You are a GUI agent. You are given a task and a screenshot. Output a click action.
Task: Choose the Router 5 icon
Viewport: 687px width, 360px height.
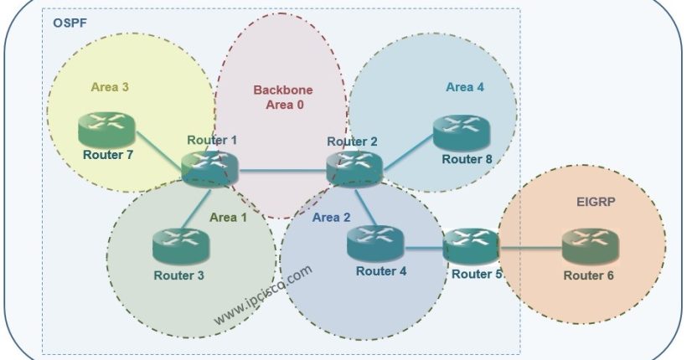pyautogui.click(x=471, y=245)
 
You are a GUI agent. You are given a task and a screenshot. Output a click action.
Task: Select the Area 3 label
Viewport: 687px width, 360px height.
pyautogui.click(x=109, y=86)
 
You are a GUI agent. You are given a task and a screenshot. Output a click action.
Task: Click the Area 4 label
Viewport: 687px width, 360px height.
pyautogui.click(x=465, y=86)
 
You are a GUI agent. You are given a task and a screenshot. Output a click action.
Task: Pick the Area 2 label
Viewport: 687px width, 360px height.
pyautogui.click(x=333, y=218)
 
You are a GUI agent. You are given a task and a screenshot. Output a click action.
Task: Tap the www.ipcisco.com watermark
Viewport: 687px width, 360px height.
pyautogui.click(x=263, y=295)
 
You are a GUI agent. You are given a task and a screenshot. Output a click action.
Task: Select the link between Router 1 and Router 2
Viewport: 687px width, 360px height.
pyautogui.click(x=282, y=172)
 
